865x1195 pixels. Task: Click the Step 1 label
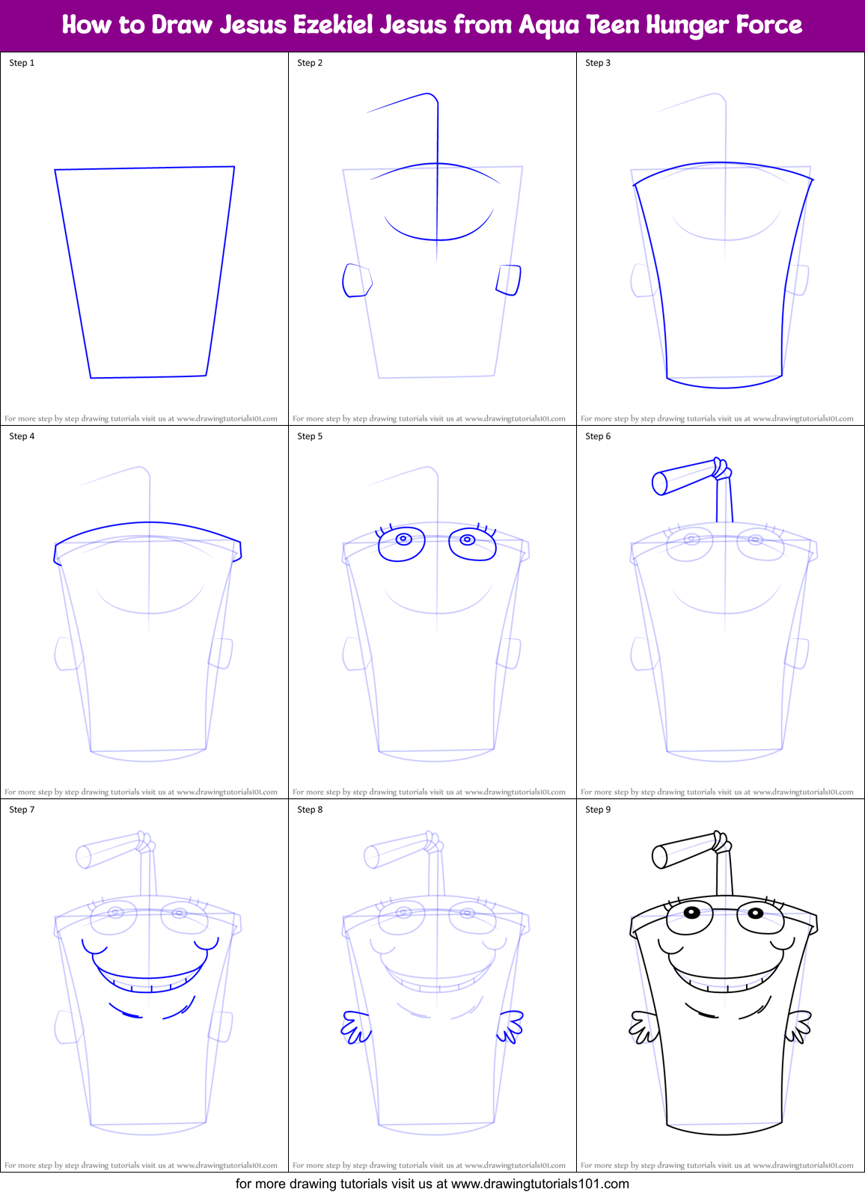tap(22, 63)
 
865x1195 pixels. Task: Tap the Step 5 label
tap(310, 436)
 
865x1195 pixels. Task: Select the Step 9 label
tap(598, 810)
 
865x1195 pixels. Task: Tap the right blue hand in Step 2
tap(509, 280)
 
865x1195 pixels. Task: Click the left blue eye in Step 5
tap(403, 543)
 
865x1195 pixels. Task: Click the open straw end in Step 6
tap(659, 483)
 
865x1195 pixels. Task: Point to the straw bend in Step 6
tap(721, 469)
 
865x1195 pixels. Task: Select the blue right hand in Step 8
tap(510, 1026)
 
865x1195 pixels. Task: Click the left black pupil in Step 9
tap(691, 912)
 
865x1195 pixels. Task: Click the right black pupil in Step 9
tap(755, 913)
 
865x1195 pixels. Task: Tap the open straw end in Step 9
tap(659, 857)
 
